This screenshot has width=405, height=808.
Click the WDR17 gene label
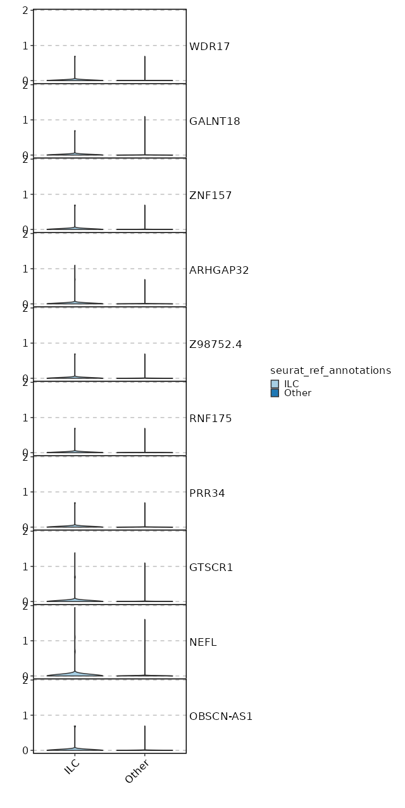coord(209,46)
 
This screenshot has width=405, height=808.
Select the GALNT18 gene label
coord(215,121)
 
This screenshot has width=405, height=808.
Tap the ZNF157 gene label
coord(211,195)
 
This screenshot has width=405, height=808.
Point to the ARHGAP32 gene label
coord(219,270)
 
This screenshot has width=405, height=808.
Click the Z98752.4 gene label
coord(215,344)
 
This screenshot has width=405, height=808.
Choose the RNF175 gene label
coord(211,418)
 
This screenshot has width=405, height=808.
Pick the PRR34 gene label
coord(207,493)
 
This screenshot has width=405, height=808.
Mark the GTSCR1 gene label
coord(211,567)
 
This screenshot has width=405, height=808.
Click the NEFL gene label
coord(203,642)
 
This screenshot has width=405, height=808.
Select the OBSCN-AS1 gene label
coord(221,716)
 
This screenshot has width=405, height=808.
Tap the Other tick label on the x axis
coord(139,773)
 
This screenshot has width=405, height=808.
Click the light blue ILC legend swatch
coord(275,384)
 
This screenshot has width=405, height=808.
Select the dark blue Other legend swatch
coord(275,393)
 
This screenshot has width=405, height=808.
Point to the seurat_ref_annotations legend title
coord(330,370)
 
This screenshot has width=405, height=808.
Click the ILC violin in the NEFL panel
coord(75,673)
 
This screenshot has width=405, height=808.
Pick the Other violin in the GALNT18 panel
coord(145,154)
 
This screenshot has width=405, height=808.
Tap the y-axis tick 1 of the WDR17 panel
coord(26,46)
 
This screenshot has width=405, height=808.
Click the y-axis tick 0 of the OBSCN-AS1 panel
coord(26,750)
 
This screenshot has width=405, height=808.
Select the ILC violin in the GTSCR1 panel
coord(75,599)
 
